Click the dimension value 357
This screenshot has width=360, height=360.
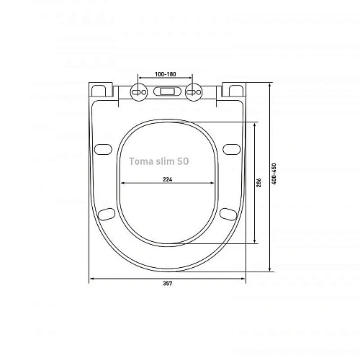click(167, 283)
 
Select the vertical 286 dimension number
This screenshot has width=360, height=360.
click(258, 184)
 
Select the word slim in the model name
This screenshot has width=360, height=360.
click(165, 162)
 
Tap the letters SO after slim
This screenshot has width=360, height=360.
click(183, 162)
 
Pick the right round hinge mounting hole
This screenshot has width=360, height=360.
click(192, 91)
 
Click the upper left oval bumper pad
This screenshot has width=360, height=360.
click(104, 148)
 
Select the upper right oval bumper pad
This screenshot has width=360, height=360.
click(230, 148)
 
